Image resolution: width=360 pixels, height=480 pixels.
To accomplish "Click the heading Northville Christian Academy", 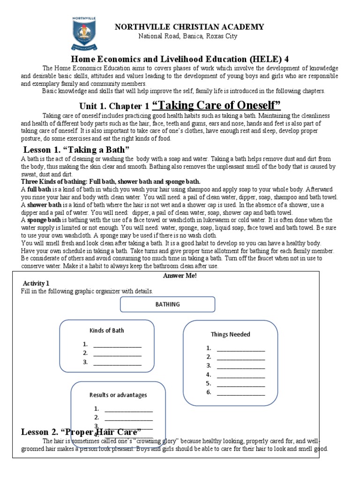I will coord(189,27).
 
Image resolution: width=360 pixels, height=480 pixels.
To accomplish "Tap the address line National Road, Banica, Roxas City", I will coord(187,37).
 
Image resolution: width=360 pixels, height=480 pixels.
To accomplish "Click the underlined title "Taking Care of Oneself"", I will coord(216,105).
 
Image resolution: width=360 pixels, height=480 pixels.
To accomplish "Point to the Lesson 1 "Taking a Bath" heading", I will coord(76,150).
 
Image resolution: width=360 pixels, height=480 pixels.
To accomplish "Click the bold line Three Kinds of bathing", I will coord(111,181).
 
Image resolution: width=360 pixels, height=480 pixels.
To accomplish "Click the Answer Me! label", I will coord(180,276).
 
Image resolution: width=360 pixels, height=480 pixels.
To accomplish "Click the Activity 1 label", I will coord(36,284).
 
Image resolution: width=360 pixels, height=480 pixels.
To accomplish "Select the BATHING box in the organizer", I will coord(167,304).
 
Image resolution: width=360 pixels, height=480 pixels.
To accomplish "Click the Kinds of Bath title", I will coord(106,330).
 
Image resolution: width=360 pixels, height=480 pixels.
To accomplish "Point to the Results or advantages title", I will coord(118,395).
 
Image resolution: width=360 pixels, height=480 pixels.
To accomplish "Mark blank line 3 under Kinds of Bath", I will coord(117,362).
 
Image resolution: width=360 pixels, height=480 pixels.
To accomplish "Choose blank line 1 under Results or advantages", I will coord(128,409).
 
